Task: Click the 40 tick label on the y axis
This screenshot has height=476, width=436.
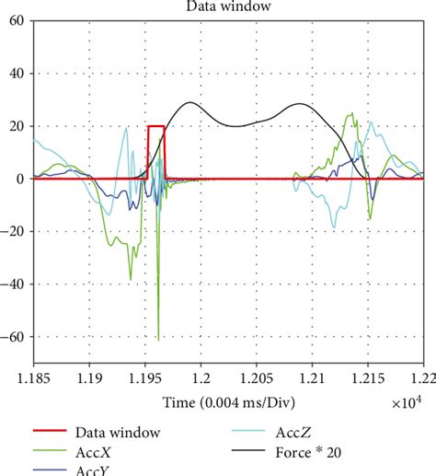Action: pos(17,73)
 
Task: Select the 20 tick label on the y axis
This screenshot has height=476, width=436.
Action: pos(17,126)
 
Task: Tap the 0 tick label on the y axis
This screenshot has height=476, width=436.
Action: pos(20,180)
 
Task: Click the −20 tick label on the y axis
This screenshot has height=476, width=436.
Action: pos(13,233)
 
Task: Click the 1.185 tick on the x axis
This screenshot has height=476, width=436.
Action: pos(33,378)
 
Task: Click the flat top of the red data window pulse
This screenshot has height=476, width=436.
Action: pos(156,126)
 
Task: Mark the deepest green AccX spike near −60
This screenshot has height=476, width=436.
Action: pos(158,338)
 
